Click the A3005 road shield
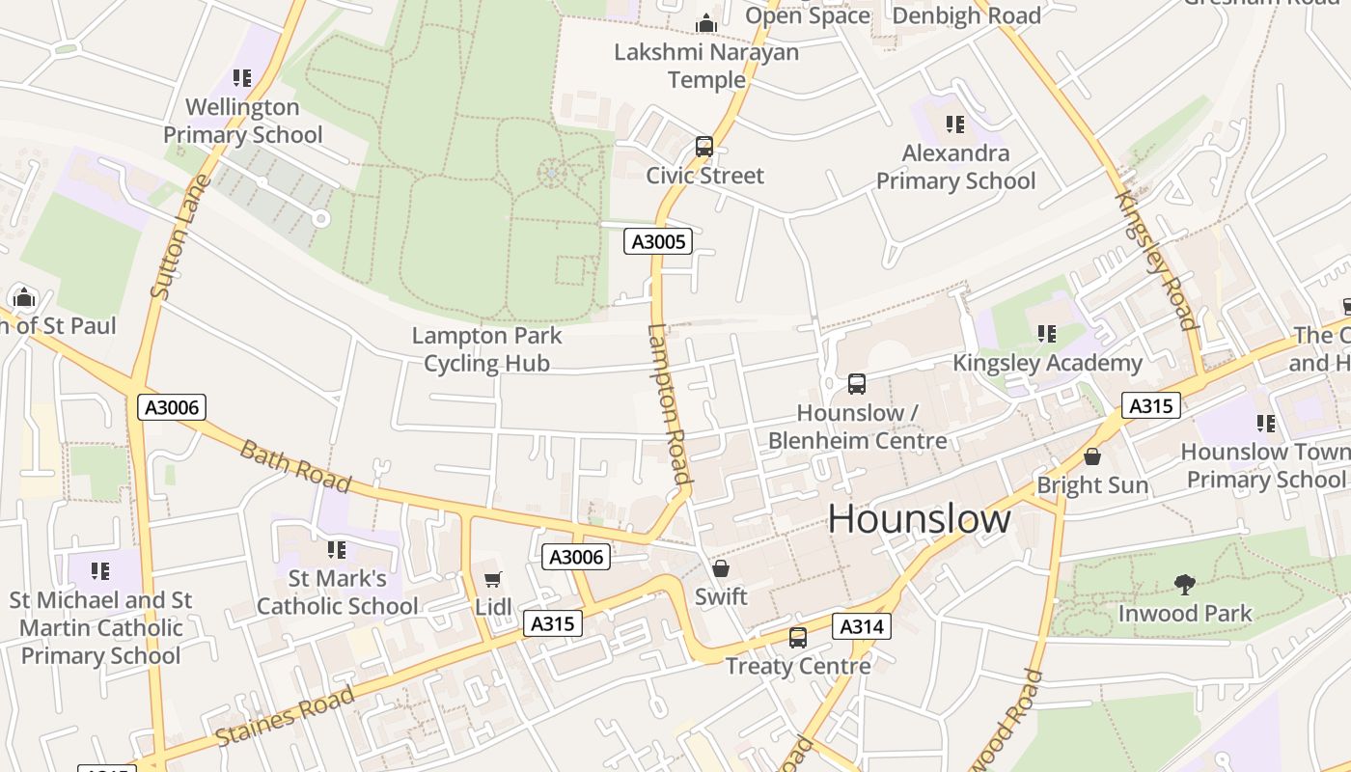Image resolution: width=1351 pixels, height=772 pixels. click(658, 241)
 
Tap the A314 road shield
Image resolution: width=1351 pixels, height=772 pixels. click(861, 626)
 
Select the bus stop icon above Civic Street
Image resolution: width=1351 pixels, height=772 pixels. click(704, 147)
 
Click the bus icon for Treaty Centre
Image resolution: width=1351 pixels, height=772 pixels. click(797, 637)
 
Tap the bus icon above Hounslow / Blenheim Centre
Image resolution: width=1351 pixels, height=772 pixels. click(856, 383)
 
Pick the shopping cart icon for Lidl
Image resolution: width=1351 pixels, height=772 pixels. click(492, 579)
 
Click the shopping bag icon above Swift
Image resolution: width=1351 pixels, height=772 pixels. click(720, 568)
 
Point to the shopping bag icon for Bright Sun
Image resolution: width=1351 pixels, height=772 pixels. click(1092, 456)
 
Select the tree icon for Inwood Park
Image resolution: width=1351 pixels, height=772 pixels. click(1184, 584)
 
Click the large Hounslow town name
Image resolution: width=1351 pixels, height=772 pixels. click(919, 519)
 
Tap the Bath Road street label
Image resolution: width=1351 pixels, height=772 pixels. click(294, 466)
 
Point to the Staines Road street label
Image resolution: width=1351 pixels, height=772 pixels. click(285, 715)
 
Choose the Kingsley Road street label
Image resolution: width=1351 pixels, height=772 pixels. click(1156, 261)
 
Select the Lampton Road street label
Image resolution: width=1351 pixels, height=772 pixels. click(669, 404)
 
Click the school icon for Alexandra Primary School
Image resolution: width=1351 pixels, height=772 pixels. click(954, 124)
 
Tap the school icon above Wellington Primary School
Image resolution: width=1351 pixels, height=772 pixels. click(242, 77)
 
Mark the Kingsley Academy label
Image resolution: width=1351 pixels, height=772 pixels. click(1047, 363)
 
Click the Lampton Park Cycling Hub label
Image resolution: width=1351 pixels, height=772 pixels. click(487, 349)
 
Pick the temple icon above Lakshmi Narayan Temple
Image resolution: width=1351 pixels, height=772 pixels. click(706, 23)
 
